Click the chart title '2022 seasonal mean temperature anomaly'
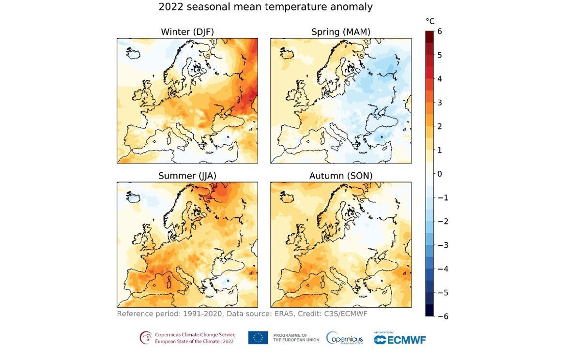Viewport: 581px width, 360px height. pos(266,7)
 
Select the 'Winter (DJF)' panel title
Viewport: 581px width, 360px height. pos(187,32)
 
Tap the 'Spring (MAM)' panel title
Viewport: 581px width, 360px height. pos(340,32)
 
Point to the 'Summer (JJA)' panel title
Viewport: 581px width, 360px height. pos(187,176)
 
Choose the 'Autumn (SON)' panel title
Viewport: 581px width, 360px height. pos(340,176)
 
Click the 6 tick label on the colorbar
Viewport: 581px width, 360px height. pos(440,31)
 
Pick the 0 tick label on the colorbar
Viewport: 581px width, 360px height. pos(440,174)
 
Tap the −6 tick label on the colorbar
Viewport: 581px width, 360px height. pos(443,316)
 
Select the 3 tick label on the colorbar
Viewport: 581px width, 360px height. pos(440,103)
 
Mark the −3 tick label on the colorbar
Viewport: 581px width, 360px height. pos(443,245)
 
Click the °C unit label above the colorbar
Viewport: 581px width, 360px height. pos(430,21)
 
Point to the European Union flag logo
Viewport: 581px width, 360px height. pos(258,338)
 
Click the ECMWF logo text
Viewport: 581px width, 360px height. pos(400,340)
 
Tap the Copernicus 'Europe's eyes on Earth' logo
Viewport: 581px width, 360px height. pos(344,338)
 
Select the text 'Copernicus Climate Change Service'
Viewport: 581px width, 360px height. pos(195,334)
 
